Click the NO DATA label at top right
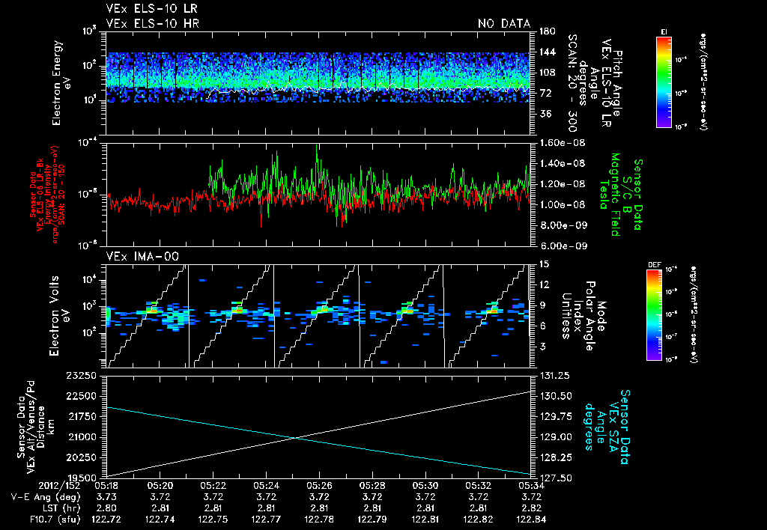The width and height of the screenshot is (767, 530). point(504,24)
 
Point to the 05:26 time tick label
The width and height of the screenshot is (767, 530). point(320,485)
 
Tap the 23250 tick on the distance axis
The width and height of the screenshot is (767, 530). point(85,374)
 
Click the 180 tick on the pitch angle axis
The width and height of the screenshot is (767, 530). point(545,31)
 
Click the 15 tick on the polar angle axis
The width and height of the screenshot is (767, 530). point(543,264)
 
